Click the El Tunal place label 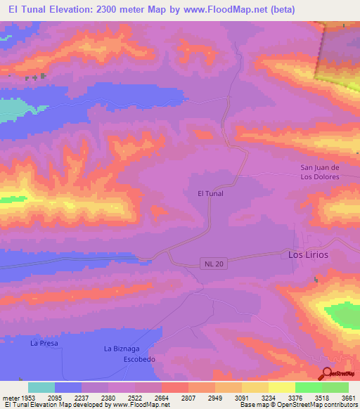point(210,193)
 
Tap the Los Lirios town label point(308,254)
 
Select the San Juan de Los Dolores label point(320,172)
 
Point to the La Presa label point(43,344)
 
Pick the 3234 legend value point(268,397)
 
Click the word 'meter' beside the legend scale point(11,397)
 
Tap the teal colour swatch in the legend point(41,387)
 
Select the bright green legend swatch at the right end point(335,387)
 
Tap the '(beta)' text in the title point(279,9)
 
